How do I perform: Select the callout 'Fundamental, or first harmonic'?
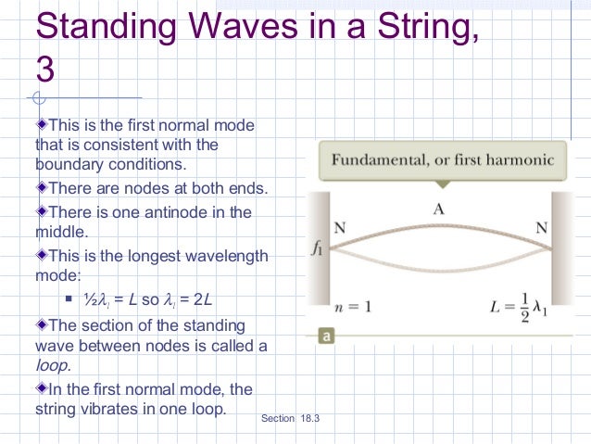pos(443,159)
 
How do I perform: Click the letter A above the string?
pos(439,209)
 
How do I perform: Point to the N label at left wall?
pos(340,226)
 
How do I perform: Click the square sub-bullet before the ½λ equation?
pos(69,300)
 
